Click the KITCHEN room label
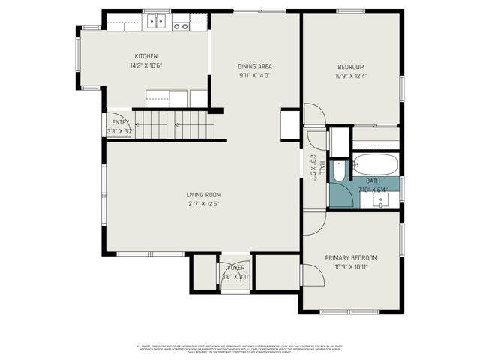click(x=145, y=56)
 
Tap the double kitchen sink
click(x=156, y=21)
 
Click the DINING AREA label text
click(x=254, y=66)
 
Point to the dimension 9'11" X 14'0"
click(x=254, y=75)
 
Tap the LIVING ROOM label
click(x=204, y=195)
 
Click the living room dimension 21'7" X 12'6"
click(x=204, y=204)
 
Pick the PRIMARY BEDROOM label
click(x=351, y=257)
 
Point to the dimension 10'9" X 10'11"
click(x=351, y=266)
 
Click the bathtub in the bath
click(x=376, y=164)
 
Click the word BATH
click(x=373, y=181)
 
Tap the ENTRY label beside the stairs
click(x=120, y=122)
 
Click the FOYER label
click(x=235, y=267)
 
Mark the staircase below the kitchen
click(x=178, y=124)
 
